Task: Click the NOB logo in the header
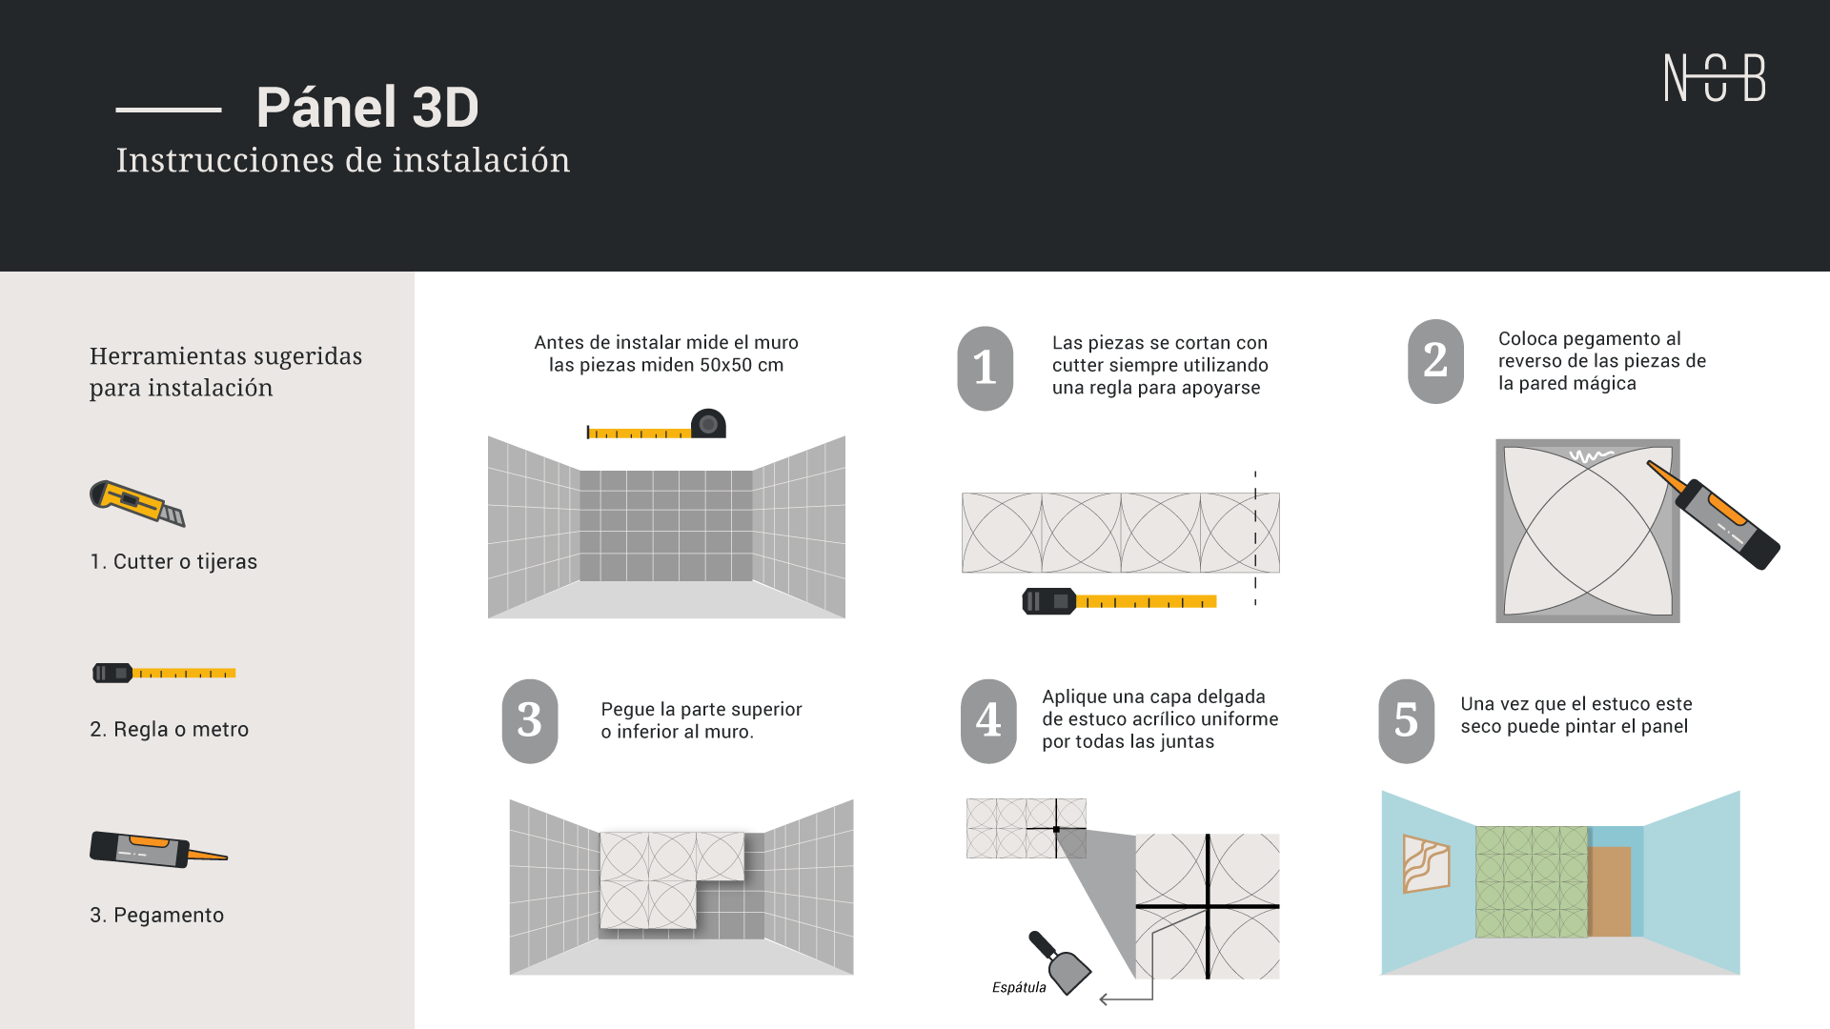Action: click(1715, 77)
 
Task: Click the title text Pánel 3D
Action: click(367, 107)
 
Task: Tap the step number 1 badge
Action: click(986, 369)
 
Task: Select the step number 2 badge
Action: click(1435, 361)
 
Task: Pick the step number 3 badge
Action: click(530, 721)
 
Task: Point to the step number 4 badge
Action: click(988, 721)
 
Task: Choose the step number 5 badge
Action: click(1406, 721)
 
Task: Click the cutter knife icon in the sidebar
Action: click(137, 503)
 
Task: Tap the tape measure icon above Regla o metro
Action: click(164, 673)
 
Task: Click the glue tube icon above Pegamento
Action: click(158, 849)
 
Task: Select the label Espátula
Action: click(1019, 987)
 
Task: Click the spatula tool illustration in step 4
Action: click(1060, 962)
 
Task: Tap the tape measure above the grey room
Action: click(657, 425)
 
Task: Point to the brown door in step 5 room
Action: click(1609, 892)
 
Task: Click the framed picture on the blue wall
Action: click(1426, 863)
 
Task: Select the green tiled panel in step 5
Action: click(1532, 881)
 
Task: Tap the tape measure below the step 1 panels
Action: click(1119, 601)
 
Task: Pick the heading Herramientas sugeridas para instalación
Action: click(226, 372)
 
